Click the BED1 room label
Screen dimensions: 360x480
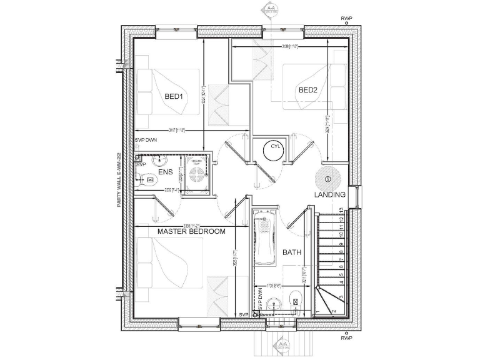[173, 97]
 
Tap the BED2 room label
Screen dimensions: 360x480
[308, 90]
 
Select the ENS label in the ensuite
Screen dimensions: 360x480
[165, 171]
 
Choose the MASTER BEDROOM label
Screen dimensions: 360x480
[191, 231]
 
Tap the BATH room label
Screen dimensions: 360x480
[292, 253]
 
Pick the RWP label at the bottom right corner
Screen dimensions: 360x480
[346, 337]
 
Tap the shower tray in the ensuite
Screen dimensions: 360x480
[197, 171]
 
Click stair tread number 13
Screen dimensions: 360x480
[340, 211]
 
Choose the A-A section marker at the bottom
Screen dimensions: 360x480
[284, 344]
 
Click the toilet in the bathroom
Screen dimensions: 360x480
[272, 305]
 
